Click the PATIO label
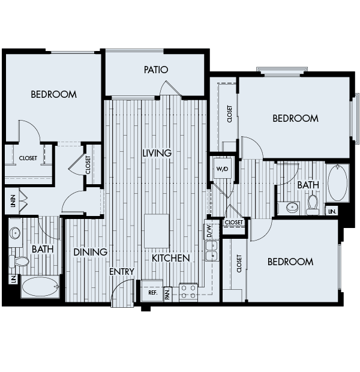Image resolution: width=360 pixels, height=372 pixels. (155, 70)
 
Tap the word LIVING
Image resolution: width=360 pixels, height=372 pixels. (157, 153)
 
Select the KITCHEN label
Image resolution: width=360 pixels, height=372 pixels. (170, 258)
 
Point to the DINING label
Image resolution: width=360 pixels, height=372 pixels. (90, 252)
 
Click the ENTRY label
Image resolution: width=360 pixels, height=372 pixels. (122, 272)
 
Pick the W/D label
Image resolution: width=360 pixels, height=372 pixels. (222, 169)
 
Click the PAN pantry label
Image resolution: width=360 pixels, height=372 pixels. (167, 293)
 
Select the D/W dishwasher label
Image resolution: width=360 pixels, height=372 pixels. (209, 230)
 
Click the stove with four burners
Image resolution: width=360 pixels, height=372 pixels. (188, 292)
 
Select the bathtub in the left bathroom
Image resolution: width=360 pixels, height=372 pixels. (40, 287)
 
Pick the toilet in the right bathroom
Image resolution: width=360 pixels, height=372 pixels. (312, 205)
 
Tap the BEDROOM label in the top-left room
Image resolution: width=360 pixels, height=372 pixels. (53, 94)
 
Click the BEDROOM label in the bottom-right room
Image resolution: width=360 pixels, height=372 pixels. (290, 262)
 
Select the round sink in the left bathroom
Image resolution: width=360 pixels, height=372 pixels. (16, 233)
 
